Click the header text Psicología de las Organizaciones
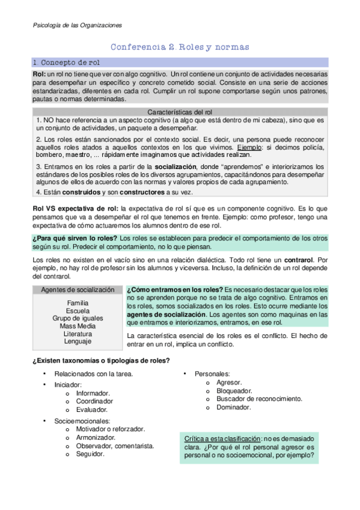pos(76,25)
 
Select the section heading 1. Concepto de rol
pos(67,62)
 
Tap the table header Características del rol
pos(180,112)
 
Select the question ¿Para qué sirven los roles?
pos(75,238)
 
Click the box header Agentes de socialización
pos(78,289)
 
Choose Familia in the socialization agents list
pos(78,303)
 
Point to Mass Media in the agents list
pos(78,326)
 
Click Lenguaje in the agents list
pos(78,342)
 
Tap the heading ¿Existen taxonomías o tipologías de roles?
pos(100,360)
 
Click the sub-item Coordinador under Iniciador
pos(94,401)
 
